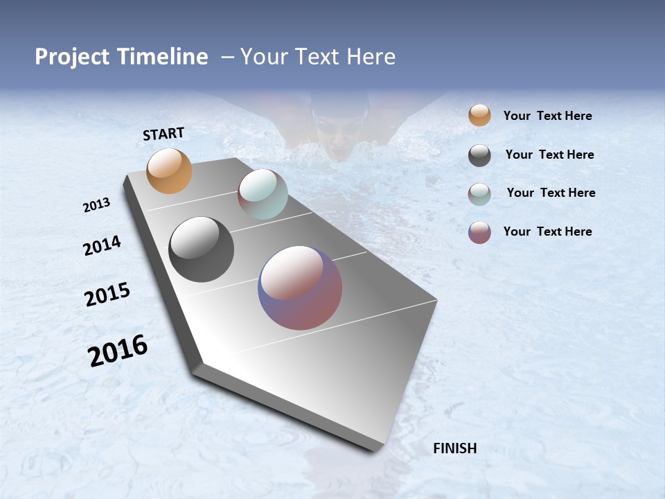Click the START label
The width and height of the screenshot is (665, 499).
[x=163, y=134]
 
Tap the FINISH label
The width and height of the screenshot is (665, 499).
[x=454, y=448]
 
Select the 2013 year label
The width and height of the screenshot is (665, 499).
[x=97, y=205]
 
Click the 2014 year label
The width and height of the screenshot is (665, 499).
[x=102, y=245]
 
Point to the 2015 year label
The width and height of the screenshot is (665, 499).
[x=107, y=295]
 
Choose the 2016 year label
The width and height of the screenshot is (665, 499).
[x=117, y=350]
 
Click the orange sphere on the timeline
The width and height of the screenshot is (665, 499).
[x=169, y=170]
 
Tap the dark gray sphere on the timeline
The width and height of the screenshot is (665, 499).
[x=201, y=249]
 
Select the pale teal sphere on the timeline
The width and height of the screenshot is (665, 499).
[x=263, y=194]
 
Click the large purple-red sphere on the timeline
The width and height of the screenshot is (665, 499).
[x=300, y=287]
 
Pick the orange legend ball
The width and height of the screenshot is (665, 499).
[x=479, y=115]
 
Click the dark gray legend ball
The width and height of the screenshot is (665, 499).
[x=479, y=155]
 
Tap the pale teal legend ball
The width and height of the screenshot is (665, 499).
[x=479, y=194]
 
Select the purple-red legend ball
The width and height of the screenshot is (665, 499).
[x=479, y=232]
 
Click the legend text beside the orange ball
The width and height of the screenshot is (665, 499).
[x=547, y=116]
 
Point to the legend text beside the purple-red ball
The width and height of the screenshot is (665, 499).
[x=547, y=231]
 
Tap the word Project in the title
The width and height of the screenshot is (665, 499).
[x=71, y=57]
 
